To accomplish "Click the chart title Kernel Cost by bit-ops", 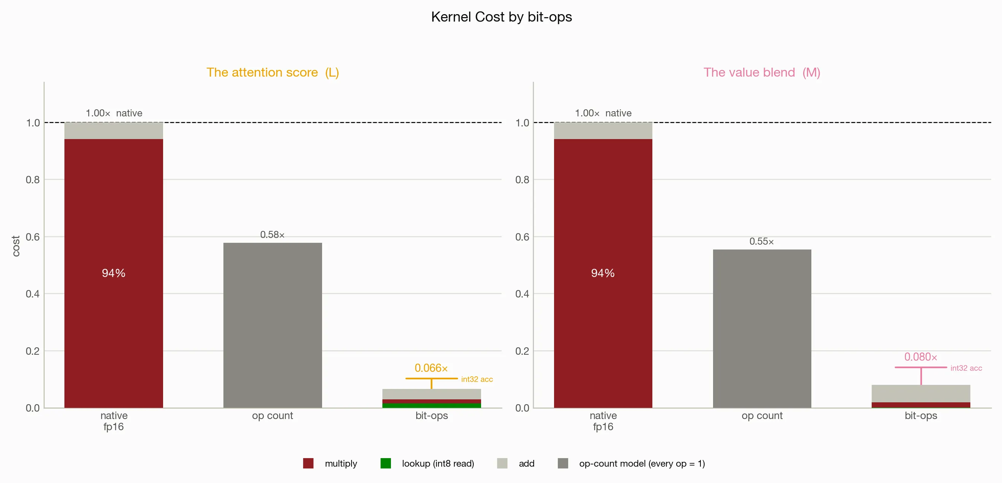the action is click(x=502, y=17).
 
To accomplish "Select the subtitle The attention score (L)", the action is click(x=273, y=72).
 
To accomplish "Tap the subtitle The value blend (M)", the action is click(x=761, y=72).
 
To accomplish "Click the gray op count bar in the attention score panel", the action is click(x=273, y=325).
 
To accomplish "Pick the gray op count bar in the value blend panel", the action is click(x=762, y=329).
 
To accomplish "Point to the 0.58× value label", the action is click(x=272, y=235).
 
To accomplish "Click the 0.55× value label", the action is click(x=761, y=241).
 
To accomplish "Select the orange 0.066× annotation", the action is click(x=431, y=368).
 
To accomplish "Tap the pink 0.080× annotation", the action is click(x=921, y=357).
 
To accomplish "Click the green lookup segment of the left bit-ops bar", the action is click(x=432, y=406).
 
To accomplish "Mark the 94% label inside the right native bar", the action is click(x=603, y=273).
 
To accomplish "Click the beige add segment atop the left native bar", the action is click(x=114, y=131).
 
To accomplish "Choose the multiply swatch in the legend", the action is click(x=308, y=463).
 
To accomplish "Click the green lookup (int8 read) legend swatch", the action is click(x=385, y=463).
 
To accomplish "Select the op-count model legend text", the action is click(x=642, y=464).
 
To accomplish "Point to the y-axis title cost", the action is click(x=16, y=246).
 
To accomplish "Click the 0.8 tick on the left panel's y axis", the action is click(x=33, y=180).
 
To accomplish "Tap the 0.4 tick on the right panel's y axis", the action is click(x=522, y=294).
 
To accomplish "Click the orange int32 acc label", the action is click(x=477, y=379).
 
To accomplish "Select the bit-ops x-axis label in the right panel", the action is click(x=921, y=416).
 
